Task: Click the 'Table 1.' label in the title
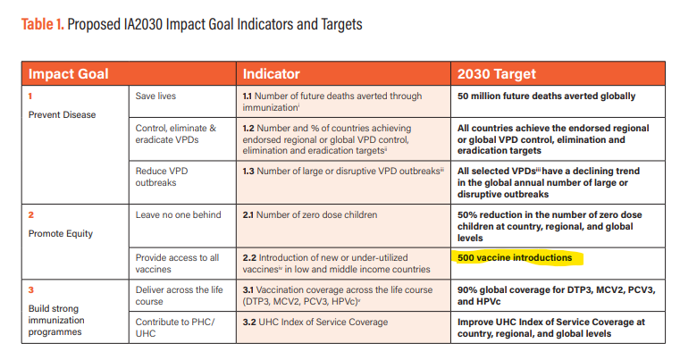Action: coord(42,24)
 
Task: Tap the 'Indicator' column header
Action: coord(272,73)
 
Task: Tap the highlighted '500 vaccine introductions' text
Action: coord(515,258)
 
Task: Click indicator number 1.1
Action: coord(250,96)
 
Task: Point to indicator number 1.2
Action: coord(250,129)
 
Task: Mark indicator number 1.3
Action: coord(250,170)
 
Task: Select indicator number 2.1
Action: coord(250,215)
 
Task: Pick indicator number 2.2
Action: coord(251,257)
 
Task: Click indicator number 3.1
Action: coord(250,290)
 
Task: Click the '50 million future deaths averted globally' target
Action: coord(547,96)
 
